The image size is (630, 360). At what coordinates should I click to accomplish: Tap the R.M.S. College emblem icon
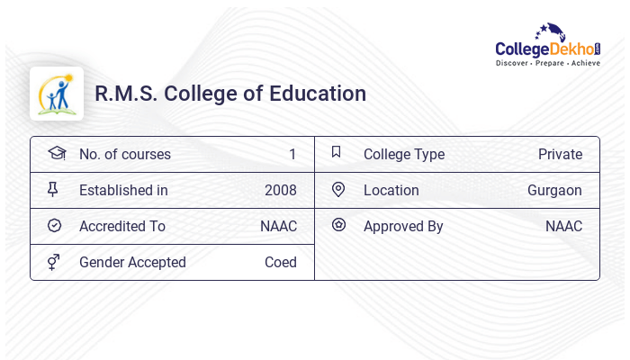pos(56,94)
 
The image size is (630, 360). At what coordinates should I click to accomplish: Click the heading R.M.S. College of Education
pos(230,94)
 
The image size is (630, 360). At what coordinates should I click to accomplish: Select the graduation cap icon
pos(56,154)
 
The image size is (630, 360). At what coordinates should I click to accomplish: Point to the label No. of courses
pos(125,155)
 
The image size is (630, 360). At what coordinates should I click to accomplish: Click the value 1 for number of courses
pos(292,155)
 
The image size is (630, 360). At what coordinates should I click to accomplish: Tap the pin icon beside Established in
pos(53,190)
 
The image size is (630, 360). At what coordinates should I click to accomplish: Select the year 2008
pos(280,191)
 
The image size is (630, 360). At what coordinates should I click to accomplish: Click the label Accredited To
pos(122,227)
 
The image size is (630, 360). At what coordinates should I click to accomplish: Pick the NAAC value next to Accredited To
pos(278,227)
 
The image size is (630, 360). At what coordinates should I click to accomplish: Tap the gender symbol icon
pos(53,262)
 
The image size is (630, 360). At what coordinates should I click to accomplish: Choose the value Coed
pos(280,263)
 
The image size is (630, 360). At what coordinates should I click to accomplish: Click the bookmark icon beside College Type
pos(337,153)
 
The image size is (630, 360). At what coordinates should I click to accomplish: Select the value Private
pos(560,155)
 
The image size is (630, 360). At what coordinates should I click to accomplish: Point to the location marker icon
pos(338,190)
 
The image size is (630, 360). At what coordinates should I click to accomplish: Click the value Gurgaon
pos(554,191)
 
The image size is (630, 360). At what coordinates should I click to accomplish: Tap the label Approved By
pos(403,227)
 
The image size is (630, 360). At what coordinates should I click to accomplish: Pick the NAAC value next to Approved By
pos(563,227)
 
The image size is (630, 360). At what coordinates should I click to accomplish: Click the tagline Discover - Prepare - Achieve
pos(548,64)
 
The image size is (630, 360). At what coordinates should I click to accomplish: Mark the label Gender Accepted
pos(132,263)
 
